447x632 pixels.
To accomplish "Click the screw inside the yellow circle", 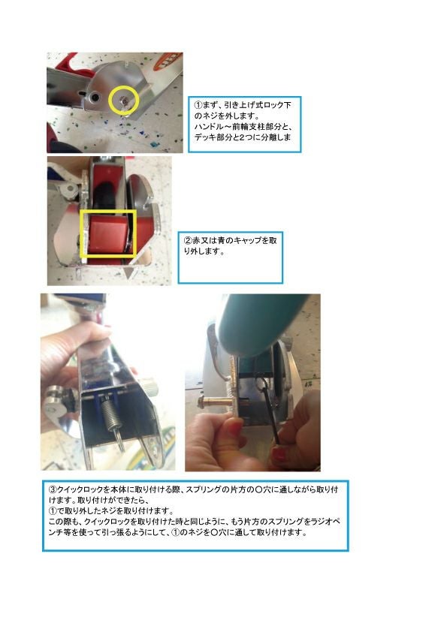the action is point(125,101).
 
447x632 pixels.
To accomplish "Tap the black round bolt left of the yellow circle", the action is point(95,97).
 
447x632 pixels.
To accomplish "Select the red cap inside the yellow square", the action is point(107,233).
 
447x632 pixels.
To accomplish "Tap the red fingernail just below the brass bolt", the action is point(236,426).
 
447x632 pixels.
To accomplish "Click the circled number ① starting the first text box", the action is point(198,105).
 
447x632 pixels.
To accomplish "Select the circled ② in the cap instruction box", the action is point(188,241).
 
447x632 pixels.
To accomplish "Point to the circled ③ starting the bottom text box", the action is point(53,489).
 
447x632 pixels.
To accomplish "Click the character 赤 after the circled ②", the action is point(196,241).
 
